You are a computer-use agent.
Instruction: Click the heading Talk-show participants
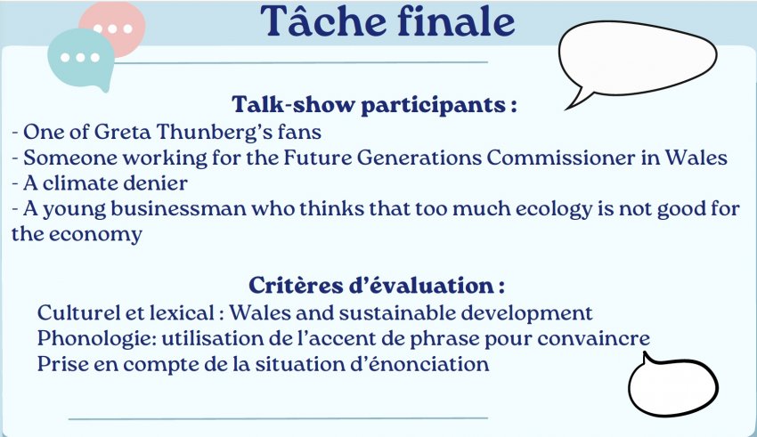pos(374,105)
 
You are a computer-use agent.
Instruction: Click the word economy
pos(95,235)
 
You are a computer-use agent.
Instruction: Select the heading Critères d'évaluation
pos(377,285)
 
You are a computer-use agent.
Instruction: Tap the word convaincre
pos(593,339)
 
